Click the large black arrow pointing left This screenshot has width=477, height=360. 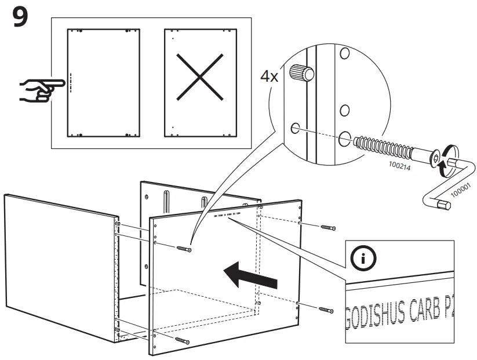250,275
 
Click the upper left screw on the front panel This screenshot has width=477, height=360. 182,249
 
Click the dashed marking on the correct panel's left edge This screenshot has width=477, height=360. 70,82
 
